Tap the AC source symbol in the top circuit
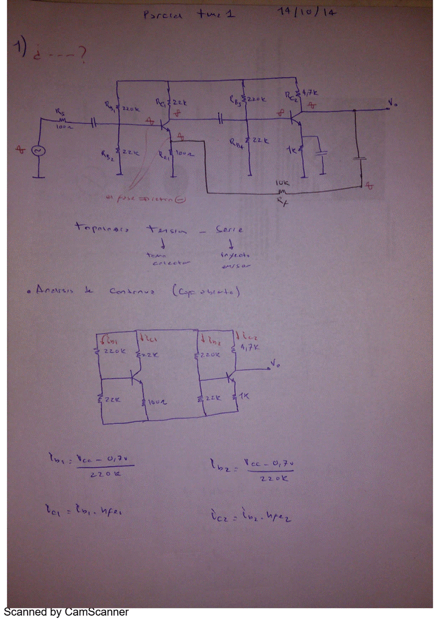coord(38,150)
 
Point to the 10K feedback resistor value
coord(281,183)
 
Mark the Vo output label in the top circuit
coord(393,103)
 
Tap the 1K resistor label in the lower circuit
coord(244,395)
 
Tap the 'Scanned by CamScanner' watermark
coord(66,612)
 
